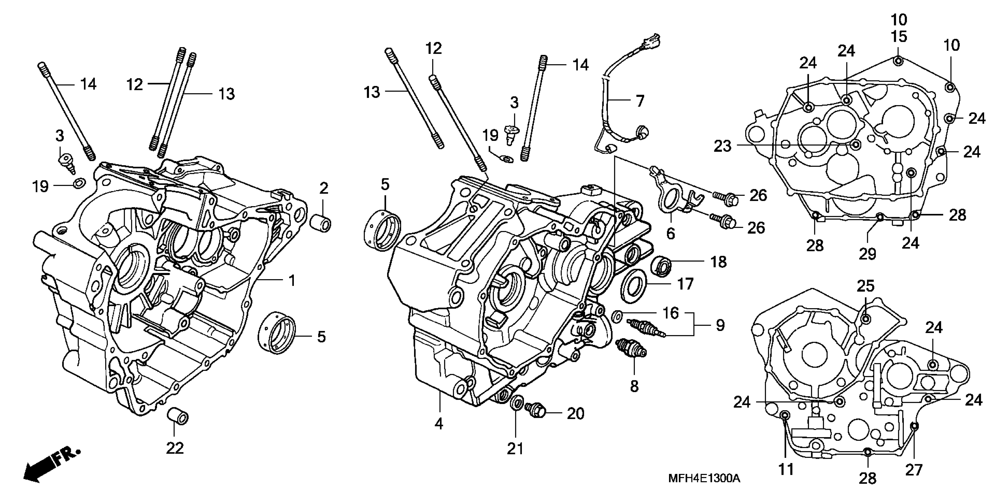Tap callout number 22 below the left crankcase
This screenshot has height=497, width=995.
[175, 448]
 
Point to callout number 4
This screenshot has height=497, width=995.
[439, 424]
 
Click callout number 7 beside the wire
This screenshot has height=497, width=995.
[640, 101]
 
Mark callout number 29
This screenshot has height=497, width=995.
[867, 254]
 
